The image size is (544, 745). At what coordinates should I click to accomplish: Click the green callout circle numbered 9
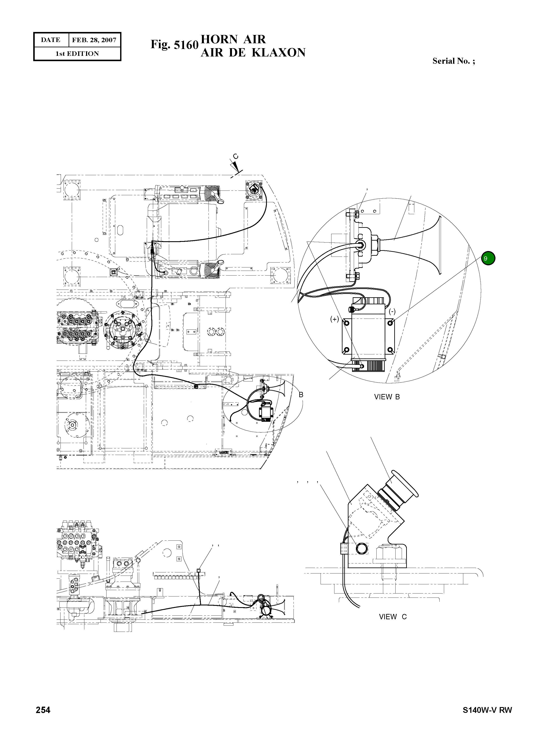(x=488, y=258)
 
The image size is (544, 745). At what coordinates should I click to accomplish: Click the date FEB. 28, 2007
(x=94, y=40)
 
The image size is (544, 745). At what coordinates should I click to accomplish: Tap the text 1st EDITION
(x=77, y=54)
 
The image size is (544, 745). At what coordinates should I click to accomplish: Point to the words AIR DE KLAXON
(x=253, y=53)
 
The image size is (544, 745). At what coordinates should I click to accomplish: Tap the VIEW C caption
(x=393, y=617)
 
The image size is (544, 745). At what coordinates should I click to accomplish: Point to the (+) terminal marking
(x=335, y=319)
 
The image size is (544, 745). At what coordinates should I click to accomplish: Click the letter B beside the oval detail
(x=301, y=394)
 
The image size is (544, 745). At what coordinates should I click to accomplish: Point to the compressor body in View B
(x=368, y=336)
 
